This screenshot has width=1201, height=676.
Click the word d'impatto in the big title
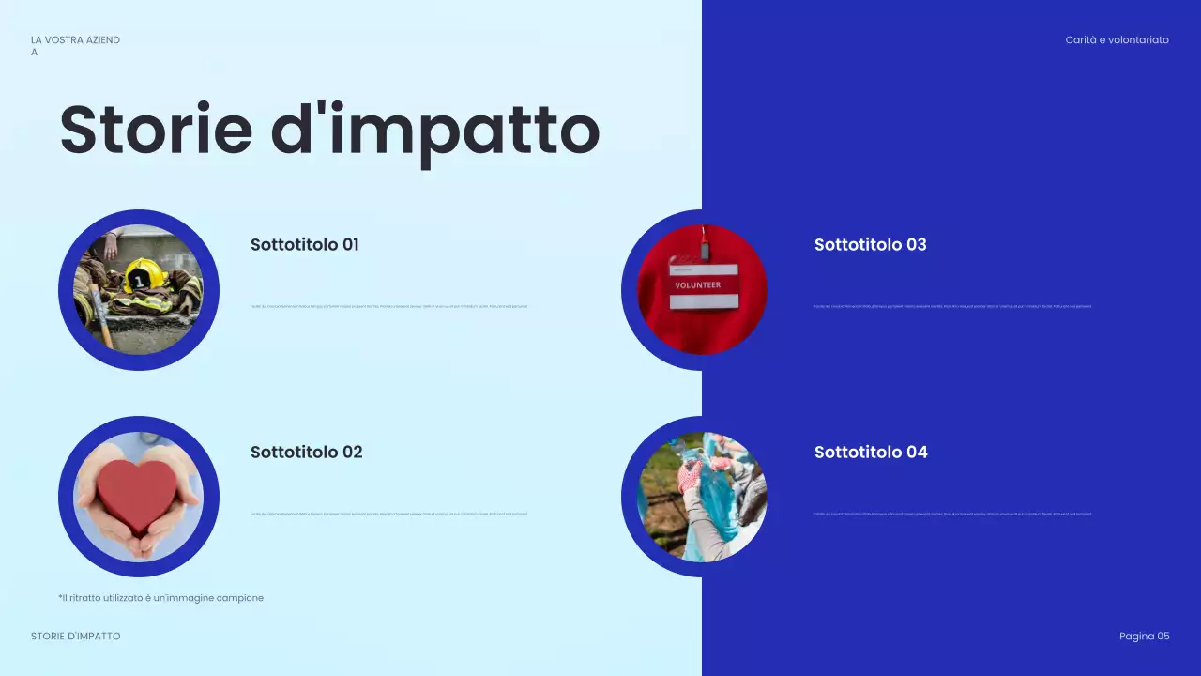point(434,131)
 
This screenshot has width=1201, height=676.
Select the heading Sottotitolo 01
point(304,245)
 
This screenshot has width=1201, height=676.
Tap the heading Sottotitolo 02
point(306,453)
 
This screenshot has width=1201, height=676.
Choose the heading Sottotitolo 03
point(870,245)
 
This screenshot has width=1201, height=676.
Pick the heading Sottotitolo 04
point(870,453)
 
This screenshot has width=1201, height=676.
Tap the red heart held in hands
point(137,495)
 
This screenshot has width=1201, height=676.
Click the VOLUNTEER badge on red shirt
point(704,284)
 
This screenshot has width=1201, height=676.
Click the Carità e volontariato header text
point(1117,40)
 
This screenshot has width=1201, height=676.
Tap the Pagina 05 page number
point(1144,637)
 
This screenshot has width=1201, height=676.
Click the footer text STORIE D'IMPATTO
point(76,637)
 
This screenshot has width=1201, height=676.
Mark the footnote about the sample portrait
point(160,598)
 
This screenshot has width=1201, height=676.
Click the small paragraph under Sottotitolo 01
point(388,306)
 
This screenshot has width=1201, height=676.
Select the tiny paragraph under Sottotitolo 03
point(952,306)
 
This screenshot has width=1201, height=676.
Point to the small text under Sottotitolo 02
point(388,514)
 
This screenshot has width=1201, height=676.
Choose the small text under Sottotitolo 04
point(952,514)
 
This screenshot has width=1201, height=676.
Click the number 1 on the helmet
point(138,279)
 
